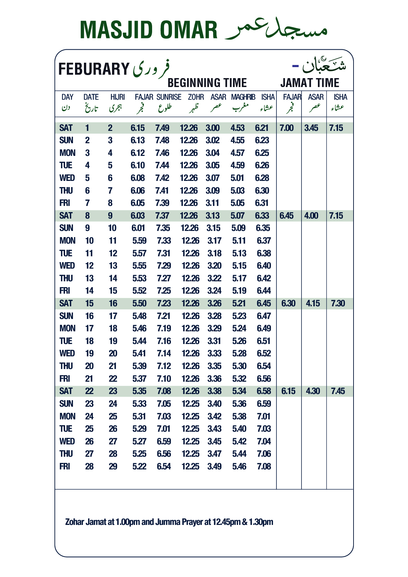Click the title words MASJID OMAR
point(148,30)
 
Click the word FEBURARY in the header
point(94,69)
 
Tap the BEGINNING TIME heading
point(207,83)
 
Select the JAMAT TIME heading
point(309,83)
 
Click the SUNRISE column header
point(169,97)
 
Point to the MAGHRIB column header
point(243,97)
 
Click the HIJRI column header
point(118,97)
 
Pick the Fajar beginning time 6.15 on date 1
point(138,128)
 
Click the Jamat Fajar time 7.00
point(286,128)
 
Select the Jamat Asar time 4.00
point(311,216)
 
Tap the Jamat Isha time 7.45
point(338,391)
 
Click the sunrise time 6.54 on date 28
point(164,467)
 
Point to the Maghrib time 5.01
point(237,178)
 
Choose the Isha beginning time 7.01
point(264,417)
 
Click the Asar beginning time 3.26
point(214,304)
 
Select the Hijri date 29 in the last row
point(113,467)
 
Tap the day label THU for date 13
point(66,279)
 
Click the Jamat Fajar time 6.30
point(288,304)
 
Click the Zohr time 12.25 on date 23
point(190,404)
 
